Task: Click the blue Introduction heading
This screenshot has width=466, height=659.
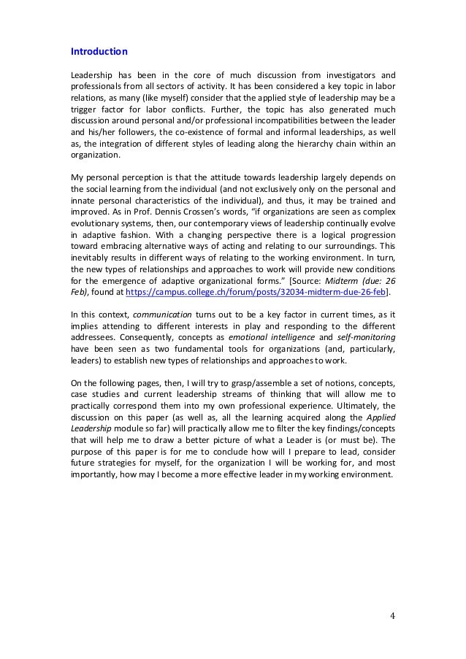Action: tap(99, 52)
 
